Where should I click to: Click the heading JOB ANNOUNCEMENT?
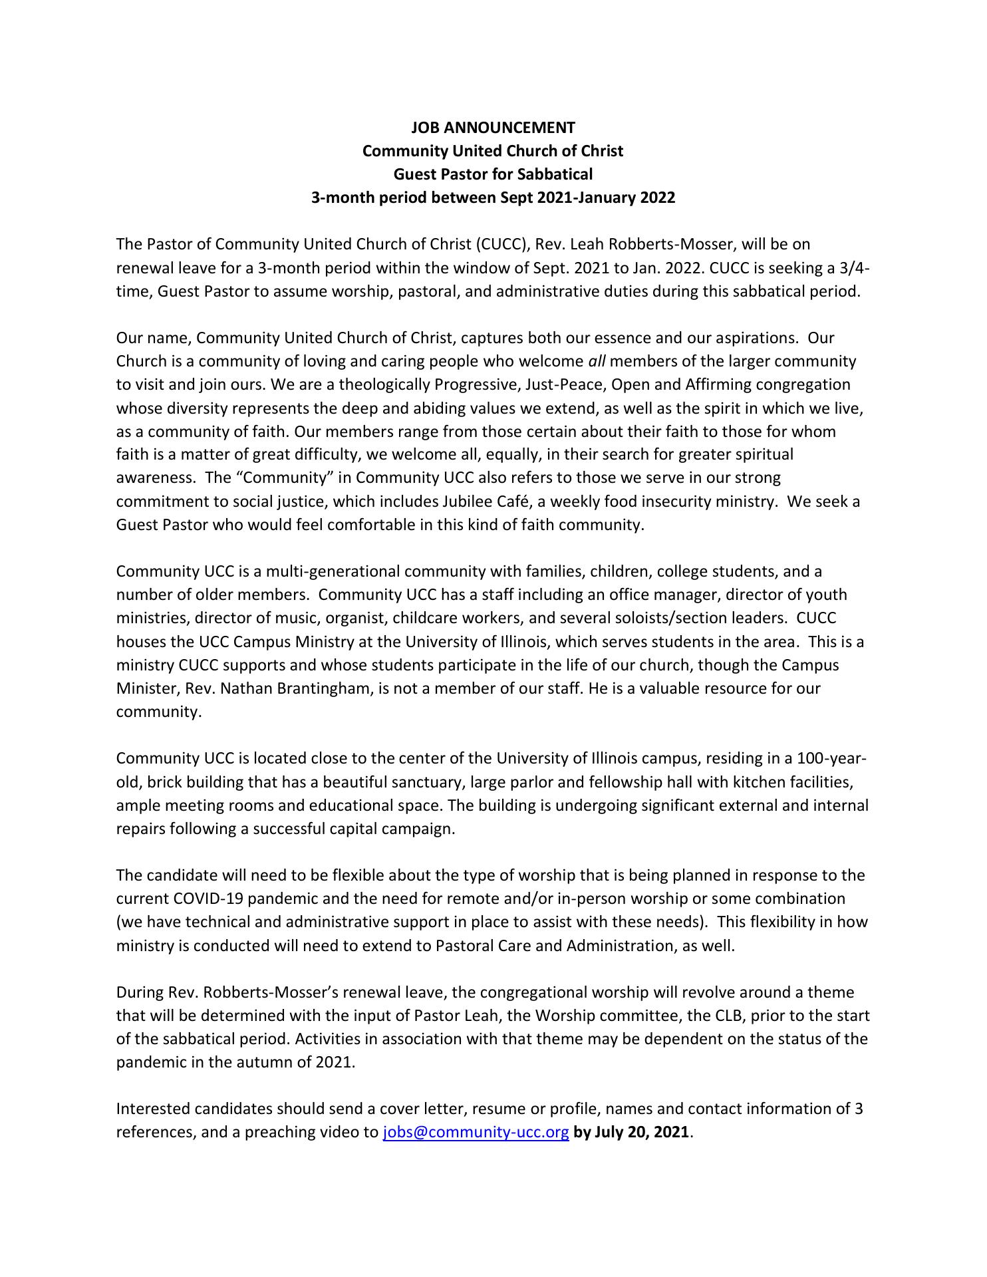pos(493,127)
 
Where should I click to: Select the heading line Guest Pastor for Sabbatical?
pos(493,174)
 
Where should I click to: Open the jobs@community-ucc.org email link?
pos(476,1132)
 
